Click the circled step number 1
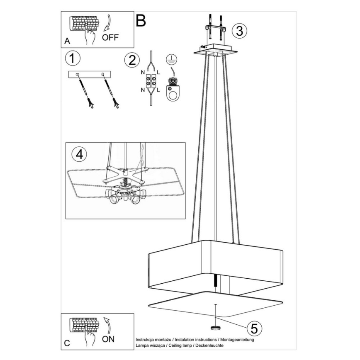(73, 58)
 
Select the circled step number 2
(132, 60)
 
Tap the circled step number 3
(239, 30)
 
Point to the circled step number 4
(80, 154)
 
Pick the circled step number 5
(253, 328)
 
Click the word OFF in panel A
(110, 37)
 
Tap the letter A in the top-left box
(67, 41)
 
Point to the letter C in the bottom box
(67, 344)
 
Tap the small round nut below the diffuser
(215, 328)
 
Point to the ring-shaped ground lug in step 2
(171, 93)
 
